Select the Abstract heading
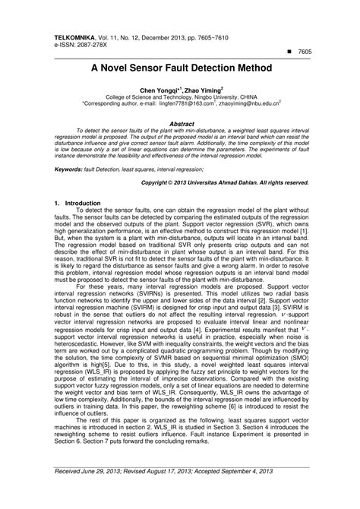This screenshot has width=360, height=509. pyautogui.click(x=180, y=122)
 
